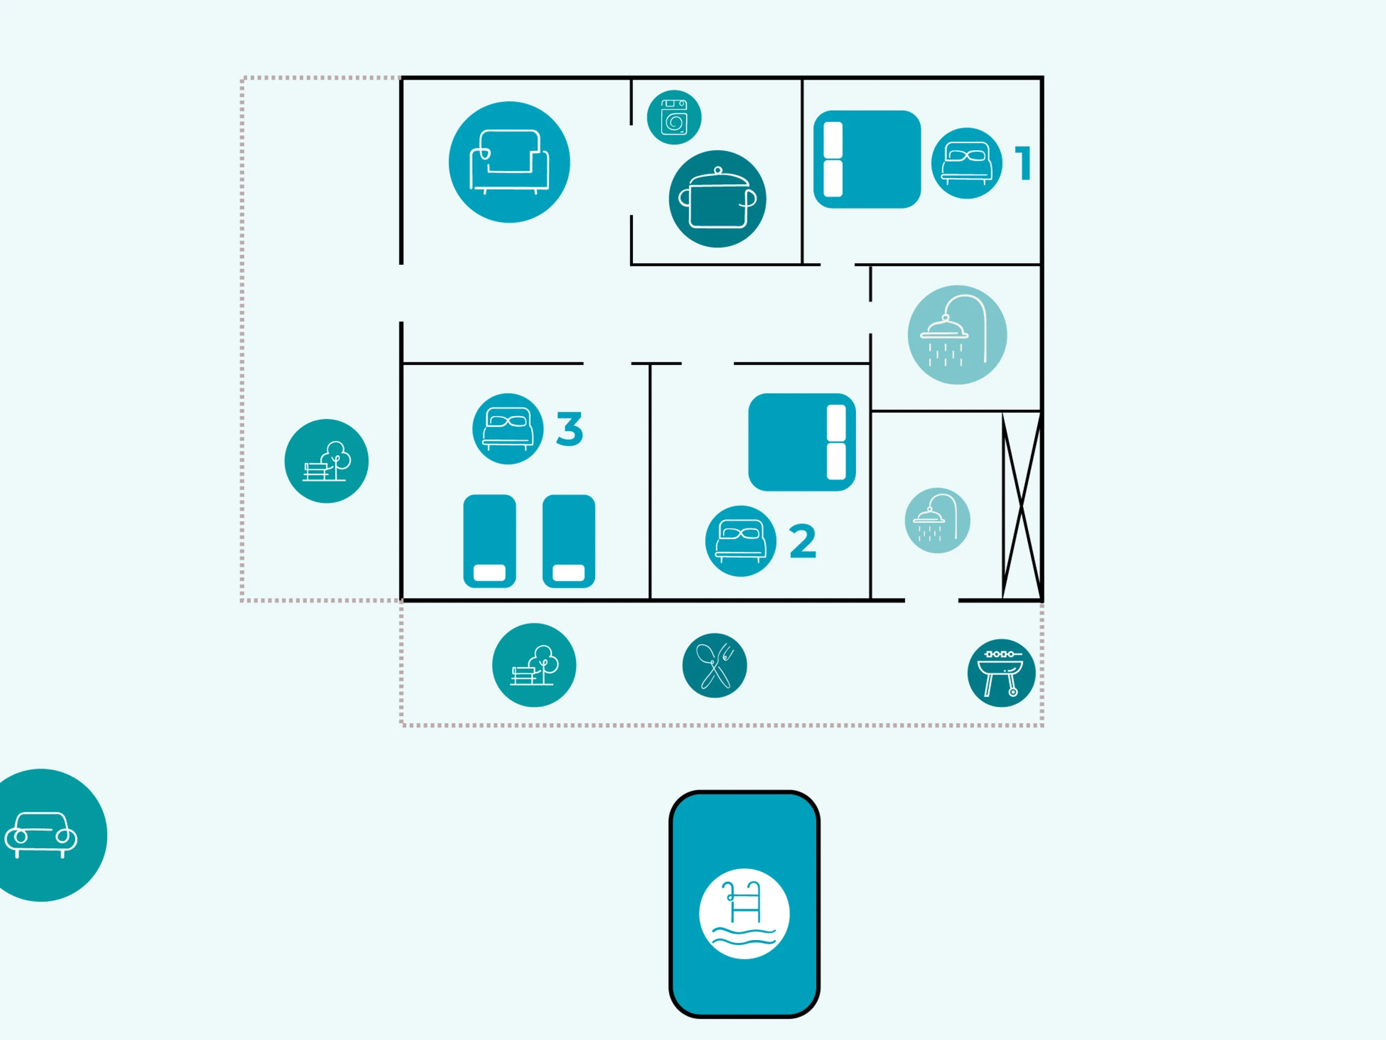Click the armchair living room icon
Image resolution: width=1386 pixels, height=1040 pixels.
(509, 162)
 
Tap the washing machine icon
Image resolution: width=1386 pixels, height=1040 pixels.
(673, 117)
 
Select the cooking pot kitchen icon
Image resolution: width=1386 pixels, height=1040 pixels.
(717, 199)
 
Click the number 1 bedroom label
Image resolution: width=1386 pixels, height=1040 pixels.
(1023, 164)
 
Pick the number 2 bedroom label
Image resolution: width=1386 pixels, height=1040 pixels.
(803, 541)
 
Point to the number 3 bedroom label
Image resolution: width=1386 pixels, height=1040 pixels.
(569, 429)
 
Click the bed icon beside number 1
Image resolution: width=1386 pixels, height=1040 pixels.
(966, 163)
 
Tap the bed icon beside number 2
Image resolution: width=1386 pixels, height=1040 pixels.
(740, 540)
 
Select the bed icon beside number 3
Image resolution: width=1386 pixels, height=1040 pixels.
(508, 429)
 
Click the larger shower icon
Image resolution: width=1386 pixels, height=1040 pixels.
(957, 335)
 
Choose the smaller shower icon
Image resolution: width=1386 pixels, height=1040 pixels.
(937, 521)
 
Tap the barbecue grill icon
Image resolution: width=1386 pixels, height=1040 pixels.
(1001, 673)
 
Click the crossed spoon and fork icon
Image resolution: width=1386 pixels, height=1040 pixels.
(714, 665)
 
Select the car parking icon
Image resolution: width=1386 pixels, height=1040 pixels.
(42, 835)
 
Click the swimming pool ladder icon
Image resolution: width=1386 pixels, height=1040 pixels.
(744, 913)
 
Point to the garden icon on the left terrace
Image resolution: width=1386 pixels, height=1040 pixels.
(326, 460)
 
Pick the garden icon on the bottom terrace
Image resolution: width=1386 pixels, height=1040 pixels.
(534, 665)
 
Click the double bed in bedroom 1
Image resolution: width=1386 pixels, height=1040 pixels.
(867, 159)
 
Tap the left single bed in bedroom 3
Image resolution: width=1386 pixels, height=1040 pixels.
(489, 541)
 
